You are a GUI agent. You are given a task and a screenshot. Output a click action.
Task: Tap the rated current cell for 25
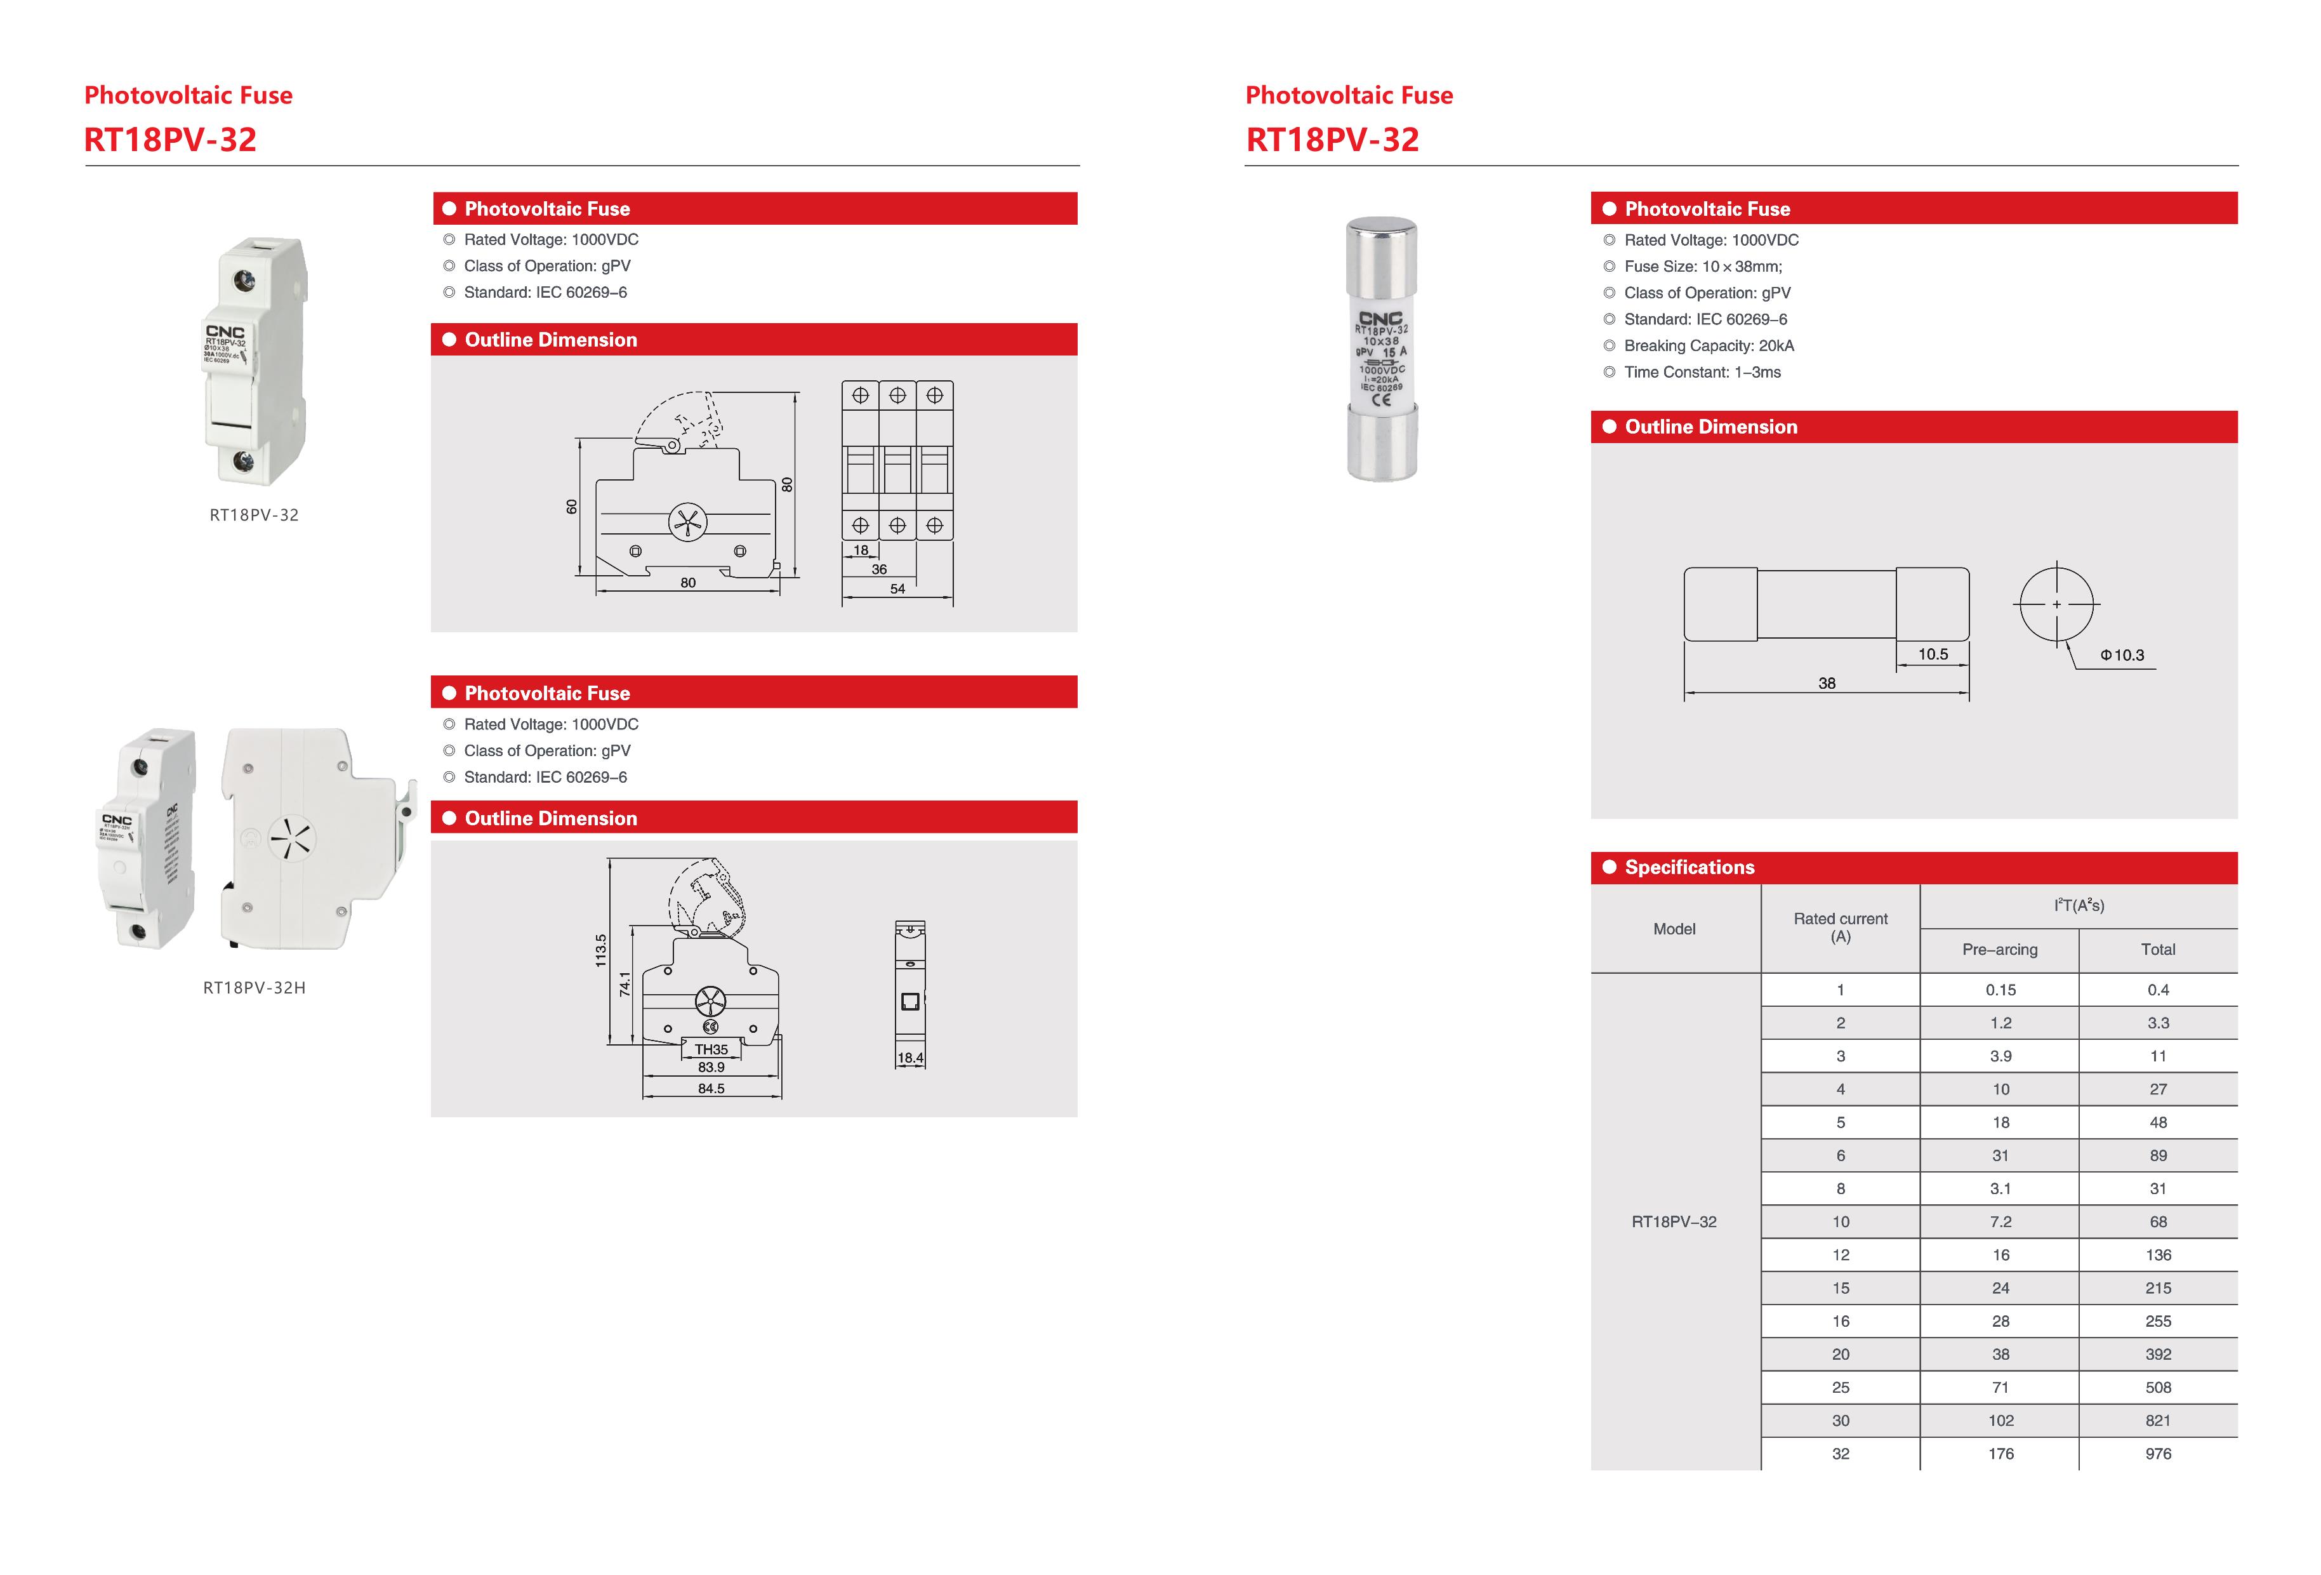[x=1840, y=1387]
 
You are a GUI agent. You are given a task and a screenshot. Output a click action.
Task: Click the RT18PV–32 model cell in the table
[x=1674, y=1221]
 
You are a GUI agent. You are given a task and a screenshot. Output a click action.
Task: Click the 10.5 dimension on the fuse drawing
[x=1933, y=654]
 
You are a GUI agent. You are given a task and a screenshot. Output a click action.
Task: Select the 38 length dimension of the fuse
[x=1827, y=683]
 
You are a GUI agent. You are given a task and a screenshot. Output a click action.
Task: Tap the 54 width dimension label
[x=897, y=588]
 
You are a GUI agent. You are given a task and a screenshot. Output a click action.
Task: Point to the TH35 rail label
[x=711, y=1049]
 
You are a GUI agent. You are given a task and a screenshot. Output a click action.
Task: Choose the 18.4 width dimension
[x=910, y=1058]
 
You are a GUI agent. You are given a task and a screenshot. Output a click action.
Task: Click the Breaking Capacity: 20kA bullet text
[x=1708, y=345]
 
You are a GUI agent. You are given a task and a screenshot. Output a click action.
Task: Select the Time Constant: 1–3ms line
[x=1702, y=371]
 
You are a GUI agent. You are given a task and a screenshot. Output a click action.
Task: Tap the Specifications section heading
[x=1689, y=867]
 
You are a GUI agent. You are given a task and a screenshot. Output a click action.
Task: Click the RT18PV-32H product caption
[x=254, y=988]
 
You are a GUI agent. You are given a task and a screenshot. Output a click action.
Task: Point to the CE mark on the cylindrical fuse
[x=1381, y=401]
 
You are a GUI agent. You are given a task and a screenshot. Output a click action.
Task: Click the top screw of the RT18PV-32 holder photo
[x=244, y=281]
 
